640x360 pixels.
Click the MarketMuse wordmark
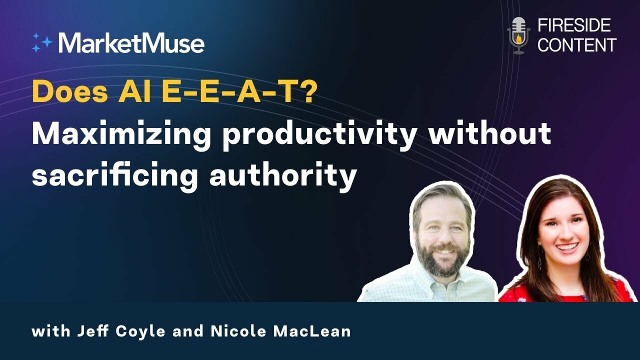pyautogui.click(x=131, y=43)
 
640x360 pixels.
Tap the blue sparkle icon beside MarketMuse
pyautogui.click(x=41, y=43)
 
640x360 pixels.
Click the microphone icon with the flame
pyautogui.click(x=518, y=35)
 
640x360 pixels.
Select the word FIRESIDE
pyautogui.click(x=574, y=25)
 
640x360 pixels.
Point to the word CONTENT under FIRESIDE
pyautogui.click(x=576, y=45)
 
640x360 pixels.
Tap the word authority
pyautogui.click(x=282, y=176)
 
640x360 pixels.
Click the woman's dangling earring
pyautogui.click(x=539, y=262)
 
